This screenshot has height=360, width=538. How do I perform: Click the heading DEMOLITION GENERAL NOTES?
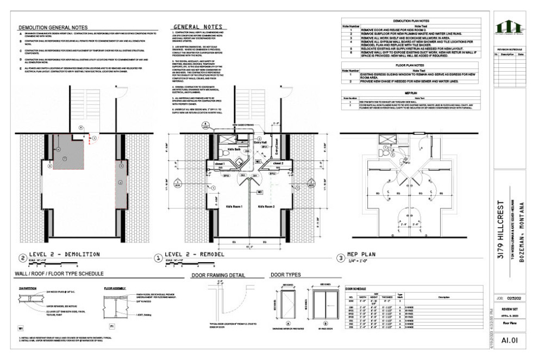tap(53, 27)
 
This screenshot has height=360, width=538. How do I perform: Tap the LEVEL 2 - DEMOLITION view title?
tap(66, 254)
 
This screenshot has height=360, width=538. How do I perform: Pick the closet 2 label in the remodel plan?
tap(277, 163)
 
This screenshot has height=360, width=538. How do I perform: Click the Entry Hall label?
tap(253, 141)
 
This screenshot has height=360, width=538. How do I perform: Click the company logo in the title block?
tap(509, 27)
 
